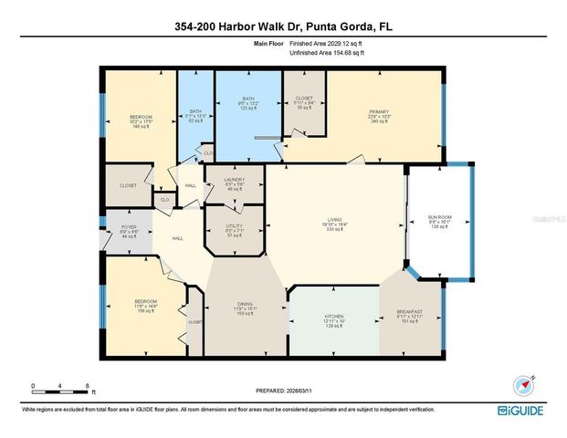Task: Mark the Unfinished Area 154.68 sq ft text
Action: pyautogui.click(x=326, y=54)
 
